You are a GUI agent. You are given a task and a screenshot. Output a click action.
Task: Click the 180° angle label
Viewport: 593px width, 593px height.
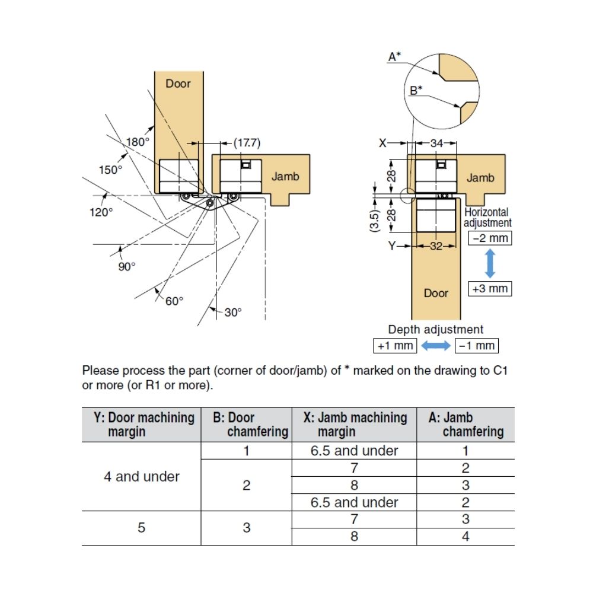138,142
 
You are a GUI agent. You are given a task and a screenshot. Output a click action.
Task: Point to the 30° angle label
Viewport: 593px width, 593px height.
233,313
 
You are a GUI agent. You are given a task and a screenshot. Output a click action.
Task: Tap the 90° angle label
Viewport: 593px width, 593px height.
127,267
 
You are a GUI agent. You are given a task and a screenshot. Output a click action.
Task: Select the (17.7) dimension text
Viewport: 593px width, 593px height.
247,143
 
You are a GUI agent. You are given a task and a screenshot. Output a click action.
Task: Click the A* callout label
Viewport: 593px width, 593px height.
394,57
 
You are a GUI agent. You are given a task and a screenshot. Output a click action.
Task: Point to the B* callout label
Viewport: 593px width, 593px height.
416,90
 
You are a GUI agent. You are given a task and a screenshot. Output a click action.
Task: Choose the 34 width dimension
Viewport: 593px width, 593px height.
436,144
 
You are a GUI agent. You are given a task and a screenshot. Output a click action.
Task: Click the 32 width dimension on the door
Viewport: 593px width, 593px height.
436,246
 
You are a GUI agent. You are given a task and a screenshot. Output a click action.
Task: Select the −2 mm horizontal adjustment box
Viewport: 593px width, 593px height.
490,238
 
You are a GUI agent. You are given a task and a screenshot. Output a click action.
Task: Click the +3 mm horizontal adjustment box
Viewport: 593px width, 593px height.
490,289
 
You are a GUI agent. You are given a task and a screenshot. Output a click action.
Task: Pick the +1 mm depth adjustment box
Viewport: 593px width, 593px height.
395,346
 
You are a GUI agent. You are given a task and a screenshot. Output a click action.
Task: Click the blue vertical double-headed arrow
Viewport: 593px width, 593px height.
490,264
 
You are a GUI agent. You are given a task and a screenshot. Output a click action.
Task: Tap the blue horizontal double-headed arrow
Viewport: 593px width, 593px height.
436,345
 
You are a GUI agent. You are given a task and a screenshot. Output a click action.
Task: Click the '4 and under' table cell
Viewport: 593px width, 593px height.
142,477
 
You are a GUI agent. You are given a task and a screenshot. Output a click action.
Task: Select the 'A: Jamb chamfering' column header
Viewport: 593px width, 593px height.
466,425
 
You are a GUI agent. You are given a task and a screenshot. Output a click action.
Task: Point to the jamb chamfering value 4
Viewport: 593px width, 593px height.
466,536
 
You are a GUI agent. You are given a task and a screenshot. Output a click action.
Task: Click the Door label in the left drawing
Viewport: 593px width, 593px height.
178,84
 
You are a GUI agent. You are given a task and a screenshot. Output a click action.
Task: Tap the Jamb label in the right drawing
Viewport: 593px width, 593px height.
480,178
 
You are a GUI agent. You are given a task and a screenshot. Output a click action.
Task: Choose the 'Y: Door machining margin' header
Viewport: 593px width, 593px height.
144,425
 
